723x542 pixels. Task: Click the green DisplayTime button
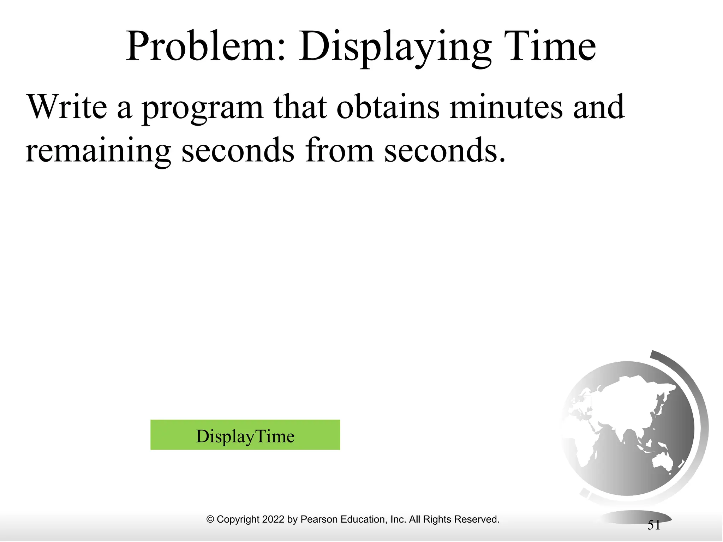pos(245,435)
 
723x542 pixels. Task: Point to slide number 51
pos(653,525)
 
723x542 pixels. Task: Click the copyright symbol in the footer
pos(210,519)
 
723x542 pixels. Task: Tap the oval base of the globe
pos(635,517)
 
